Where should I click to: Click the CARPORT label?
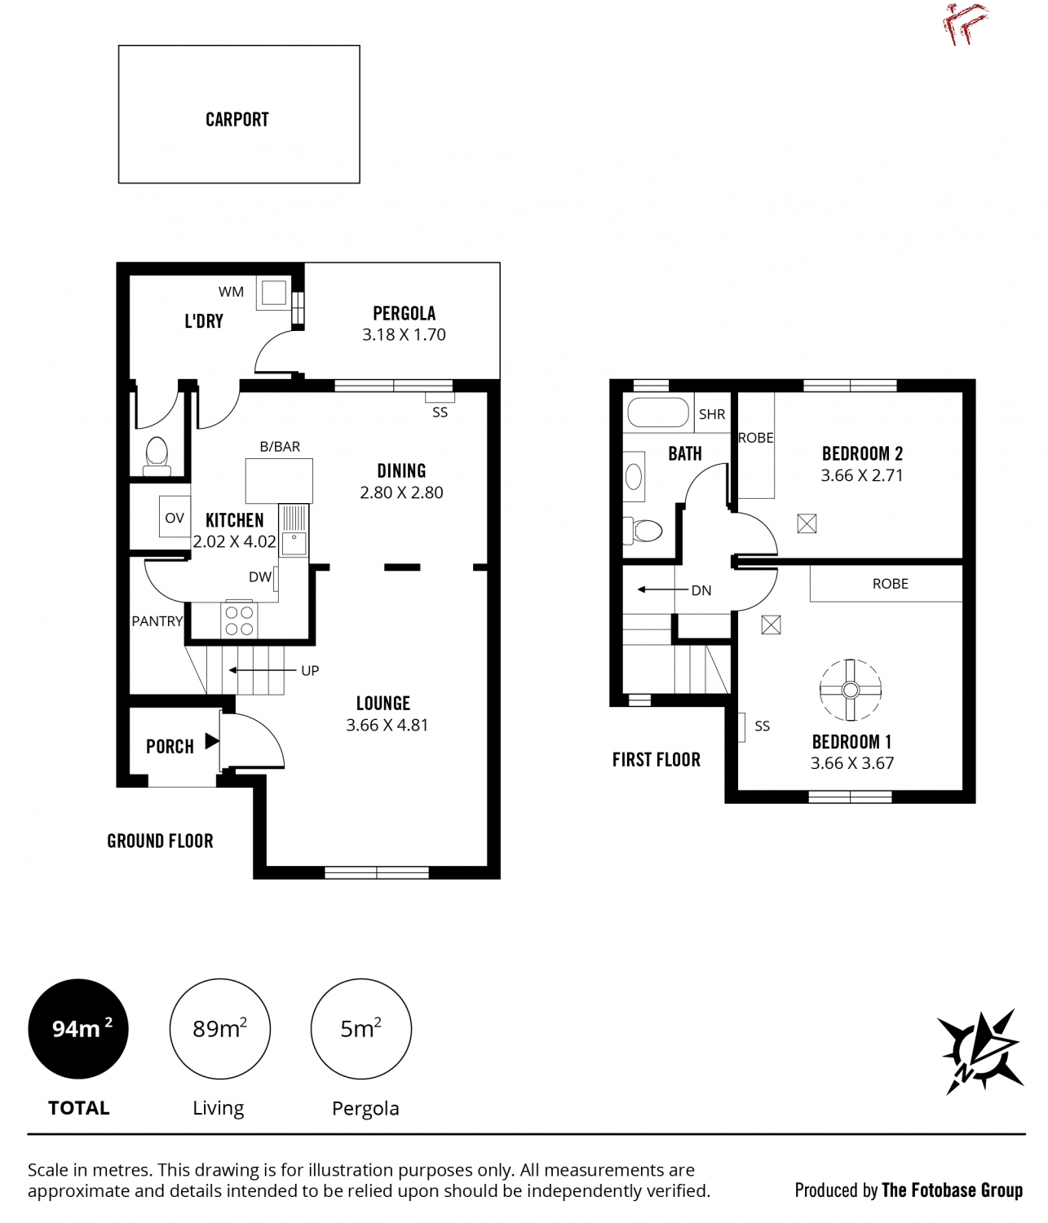[237, 120]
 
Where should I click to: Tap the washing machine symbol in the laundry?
[274, 292]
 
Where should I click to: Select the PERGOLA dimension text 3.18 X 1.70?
[404, 334]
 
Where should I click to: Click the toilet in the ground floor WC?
[157, 456]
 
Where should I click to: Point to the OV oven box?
[175, 517]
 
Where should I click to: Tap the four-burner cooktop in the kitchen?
[239, 620]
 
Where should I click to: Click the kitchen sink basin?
[294, 543]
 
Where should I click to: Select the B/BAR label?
[280, 447]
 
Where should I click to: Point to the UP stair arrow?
[262, 670]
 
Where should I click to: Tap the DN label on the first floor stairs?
[701, 590]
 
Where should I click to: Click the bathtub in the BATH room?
[657, 413]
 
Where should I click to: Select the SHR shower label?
[712, 414]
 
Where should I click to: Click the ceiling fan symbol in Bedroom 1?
[851, 690]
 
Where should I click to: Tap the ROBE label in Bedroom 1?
[890, 584]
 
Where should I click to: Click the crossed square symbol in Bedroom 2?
[807, 523]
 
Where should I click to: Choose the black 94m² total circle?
[78, 1029]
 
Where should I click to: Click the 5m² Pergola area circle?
[361, 1029]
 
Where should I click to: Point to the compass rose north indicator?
[979, 1052]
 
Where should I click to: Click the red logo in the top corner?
[966, 24]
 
